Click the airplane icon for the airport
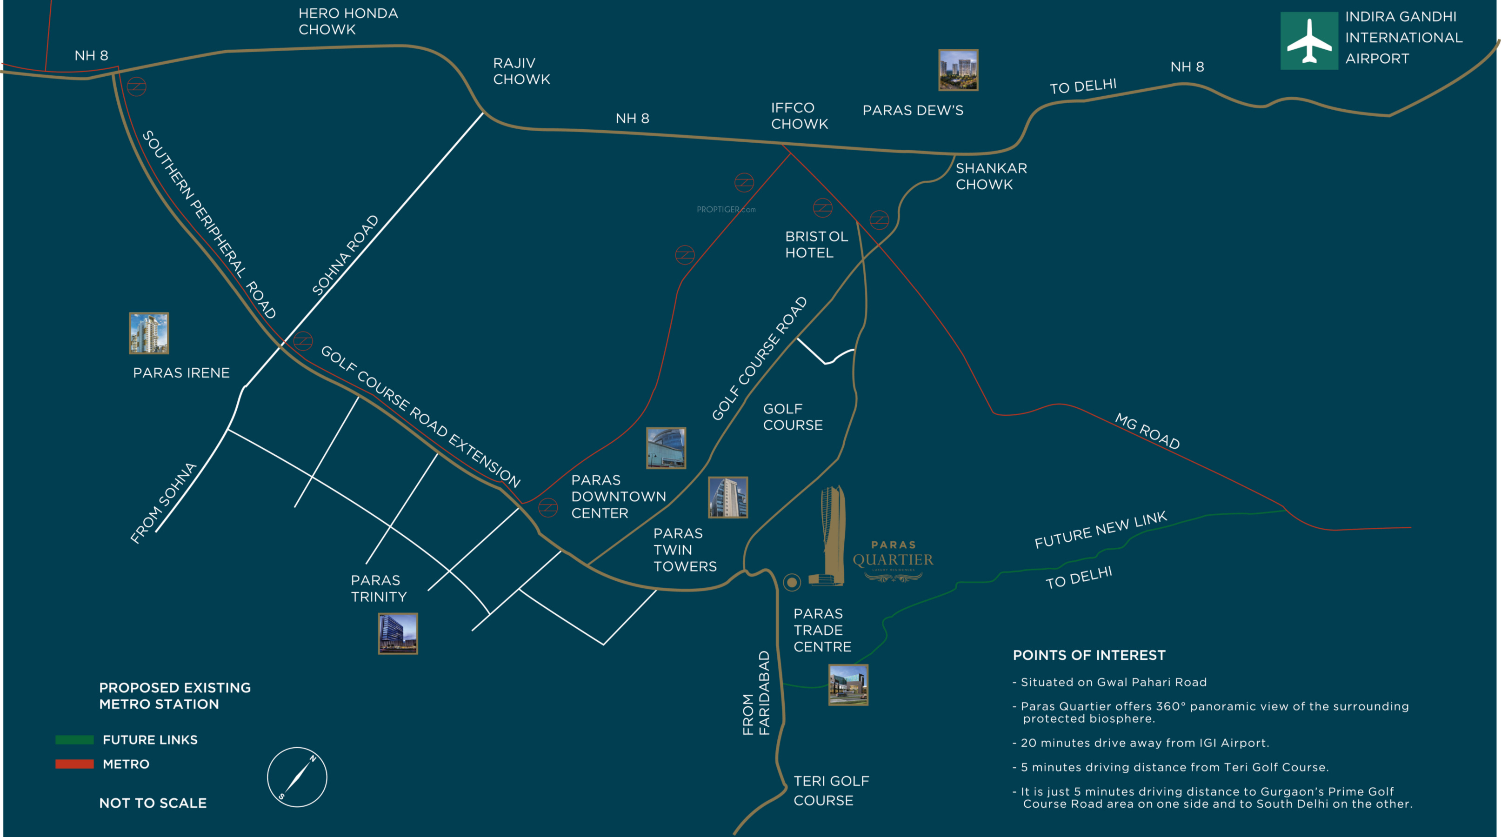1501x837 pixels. (1309, 41)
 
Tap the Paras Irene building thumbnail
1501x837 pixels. (148, 333)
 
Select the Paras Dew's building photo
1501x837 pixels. (958, 70)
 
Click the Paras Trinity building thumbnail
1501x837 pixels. (397, 633)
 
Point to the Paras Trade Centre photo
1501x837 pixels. (848, 684)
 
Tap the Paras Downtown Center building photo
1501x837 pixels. (666, 448)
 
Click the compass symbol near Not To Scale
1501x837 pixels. (297, 777)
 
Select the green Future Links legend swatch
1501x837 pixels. (74, 740)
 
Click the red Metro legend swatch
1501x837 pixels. (74, 764)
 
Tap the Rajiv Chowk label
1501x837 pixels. (521, 71)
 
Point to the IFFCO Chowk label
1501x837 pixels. (799, 116)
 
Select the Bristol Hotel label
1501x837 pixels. (816, 245)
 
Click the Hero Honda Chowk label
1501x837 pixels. (348, 21)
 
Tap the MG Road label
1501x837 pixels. (1147, 431)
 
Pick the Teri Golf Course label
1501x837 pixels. (831, 790)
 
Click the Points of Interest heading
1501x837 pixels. (1089, 655)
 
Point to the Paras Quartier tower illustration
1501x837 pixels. (832, 536)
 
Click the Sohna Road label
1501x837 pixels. (346, 255)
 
